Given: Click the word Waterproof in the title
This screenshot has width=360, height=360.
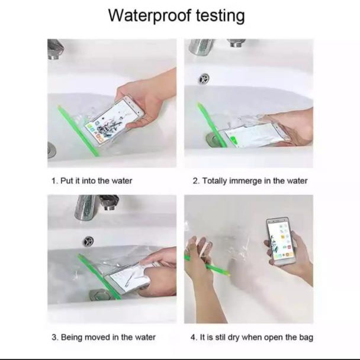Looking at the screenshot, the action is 149,15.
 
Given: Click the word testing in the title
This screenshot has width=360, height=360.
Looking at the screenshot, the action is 220,16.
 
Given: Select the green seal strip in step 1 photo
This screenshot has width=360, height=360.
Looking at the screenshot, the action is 79,130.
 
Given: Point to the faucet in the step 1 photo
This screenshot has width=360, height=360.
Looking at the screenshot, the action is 55,49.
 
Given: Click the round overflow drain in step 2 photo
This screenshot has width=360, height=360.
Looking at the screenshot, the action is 204,79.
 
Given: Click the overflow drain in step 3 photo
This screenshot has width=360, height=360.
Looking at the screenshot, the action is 88,241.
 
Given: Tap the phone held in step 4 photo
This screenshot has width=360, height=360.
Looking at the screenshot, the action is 280,241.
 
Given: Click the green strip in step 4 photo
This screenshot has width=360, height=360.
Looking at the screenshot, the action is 208,264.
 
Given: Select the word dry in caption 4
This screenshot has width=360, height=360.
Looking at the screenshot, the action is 234,337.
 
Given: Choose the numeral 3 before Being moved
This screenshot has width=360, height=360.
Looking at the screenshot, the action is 54,337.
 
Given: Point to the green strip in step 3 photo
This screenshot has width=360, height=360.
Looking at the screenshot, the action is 99,277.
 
